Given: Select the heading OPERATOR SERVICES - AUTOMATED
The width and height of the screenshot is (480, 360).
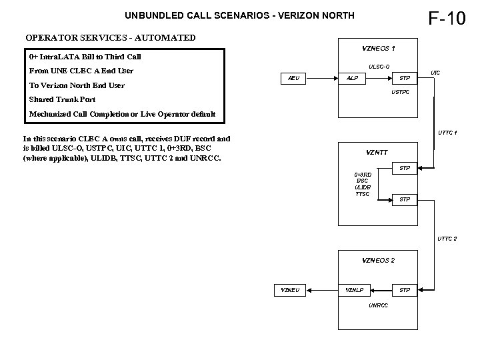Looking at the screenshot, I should pyautogui.click(x=111, y=37).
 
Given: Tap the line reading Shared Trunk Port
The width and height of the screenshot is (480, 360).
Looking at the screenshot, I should pyautogui.click(x=62, y=99).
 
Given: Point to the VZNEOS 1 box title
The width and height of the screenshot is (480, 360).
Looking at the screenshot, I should pyautogui.click(x=378, y=48).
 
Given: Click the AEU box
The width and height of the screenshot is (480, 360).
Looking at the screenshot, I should pyautogui.click(x=293, y=79).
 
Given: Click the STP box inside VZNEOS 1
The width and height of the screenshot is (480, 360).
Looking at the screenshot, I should pyautogui.click(x=404, y=79).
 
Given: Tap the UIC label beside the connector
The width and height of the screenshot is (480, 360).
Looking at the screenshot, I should pyautogui.click(x=435, y=72).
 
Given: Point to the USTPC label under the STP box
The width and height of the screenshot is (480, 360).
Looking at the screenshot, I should pyautogui.click(x=400, y=91).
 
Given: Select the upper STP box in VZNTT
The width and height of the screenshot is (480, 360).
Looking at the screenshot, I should pyautogui.click(x=404, y=168).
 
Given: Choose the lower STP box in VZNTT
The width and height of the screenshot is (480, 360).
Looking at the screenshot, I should pyautogui.click(x=404, y=199).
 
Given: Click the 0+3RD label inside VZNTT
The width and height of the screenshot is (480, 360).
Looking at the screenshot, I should pyautogui.click(x=363, y=174).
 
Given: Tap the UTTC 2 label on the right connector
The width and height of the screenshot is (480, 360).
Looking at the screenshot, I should pyautogui.click(x=447, y=238).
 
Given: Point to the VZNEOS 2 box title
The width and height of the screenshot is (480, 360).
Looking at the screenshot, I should pyautogui.click(x=378, y=259).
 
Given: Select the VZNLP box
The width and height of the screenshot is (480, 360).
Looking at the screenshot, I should pyautogui.click(x=354, y=290).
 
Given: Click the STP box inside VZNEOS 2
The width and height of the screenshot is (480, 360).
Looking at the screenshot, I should pyautogui.click(x=404, y=290).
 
